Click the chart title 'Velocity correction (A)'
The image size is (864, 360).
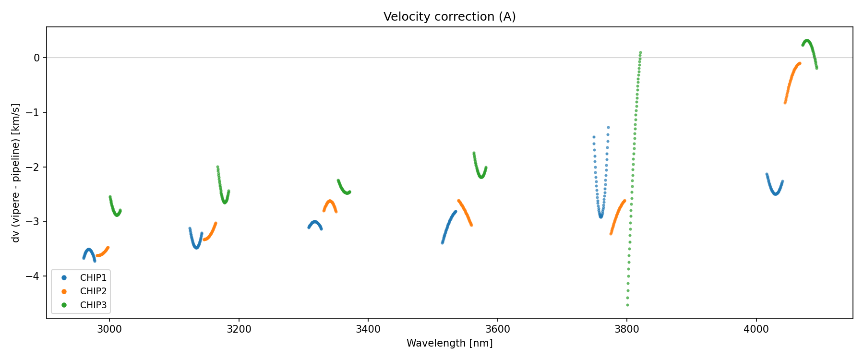449,17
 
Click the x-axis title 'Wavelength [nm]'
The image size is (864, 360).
449,343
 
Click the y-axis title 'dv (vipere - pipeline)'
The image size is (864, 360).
16,173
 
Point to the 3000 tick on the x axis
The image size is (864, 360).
109,329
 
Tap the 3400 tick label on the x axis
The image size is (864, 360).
368,329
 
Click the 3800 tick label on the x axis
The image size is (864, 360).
627,329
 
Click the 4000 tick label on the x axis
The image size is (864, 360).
756,329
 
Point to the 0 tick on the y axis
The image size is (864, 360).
37,58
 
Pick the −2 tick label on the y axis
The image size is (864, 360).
34,167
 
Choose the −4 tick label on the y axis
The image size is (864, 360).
34,276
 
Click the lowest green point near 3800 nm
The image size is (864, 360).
627,305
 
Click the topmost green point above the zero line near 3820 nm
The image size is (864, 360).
640,52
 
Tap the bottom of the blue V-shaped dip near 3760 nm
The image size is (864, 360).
601,216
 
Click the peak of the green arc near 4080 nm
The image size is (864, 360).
807,41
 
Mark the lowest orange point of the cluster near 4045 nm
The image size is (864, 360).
785,102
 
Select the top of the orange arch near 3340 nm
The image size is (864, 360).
330,201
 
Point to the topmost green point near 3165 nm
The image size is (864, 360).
217,167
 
